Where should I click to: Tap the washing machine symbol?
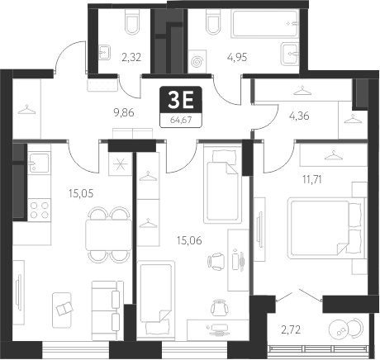(x=197, y=60)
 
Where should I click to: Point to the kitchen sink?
(x=39, y=165)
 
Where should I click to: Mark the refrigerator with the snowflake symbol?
(x=121, y=163)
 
